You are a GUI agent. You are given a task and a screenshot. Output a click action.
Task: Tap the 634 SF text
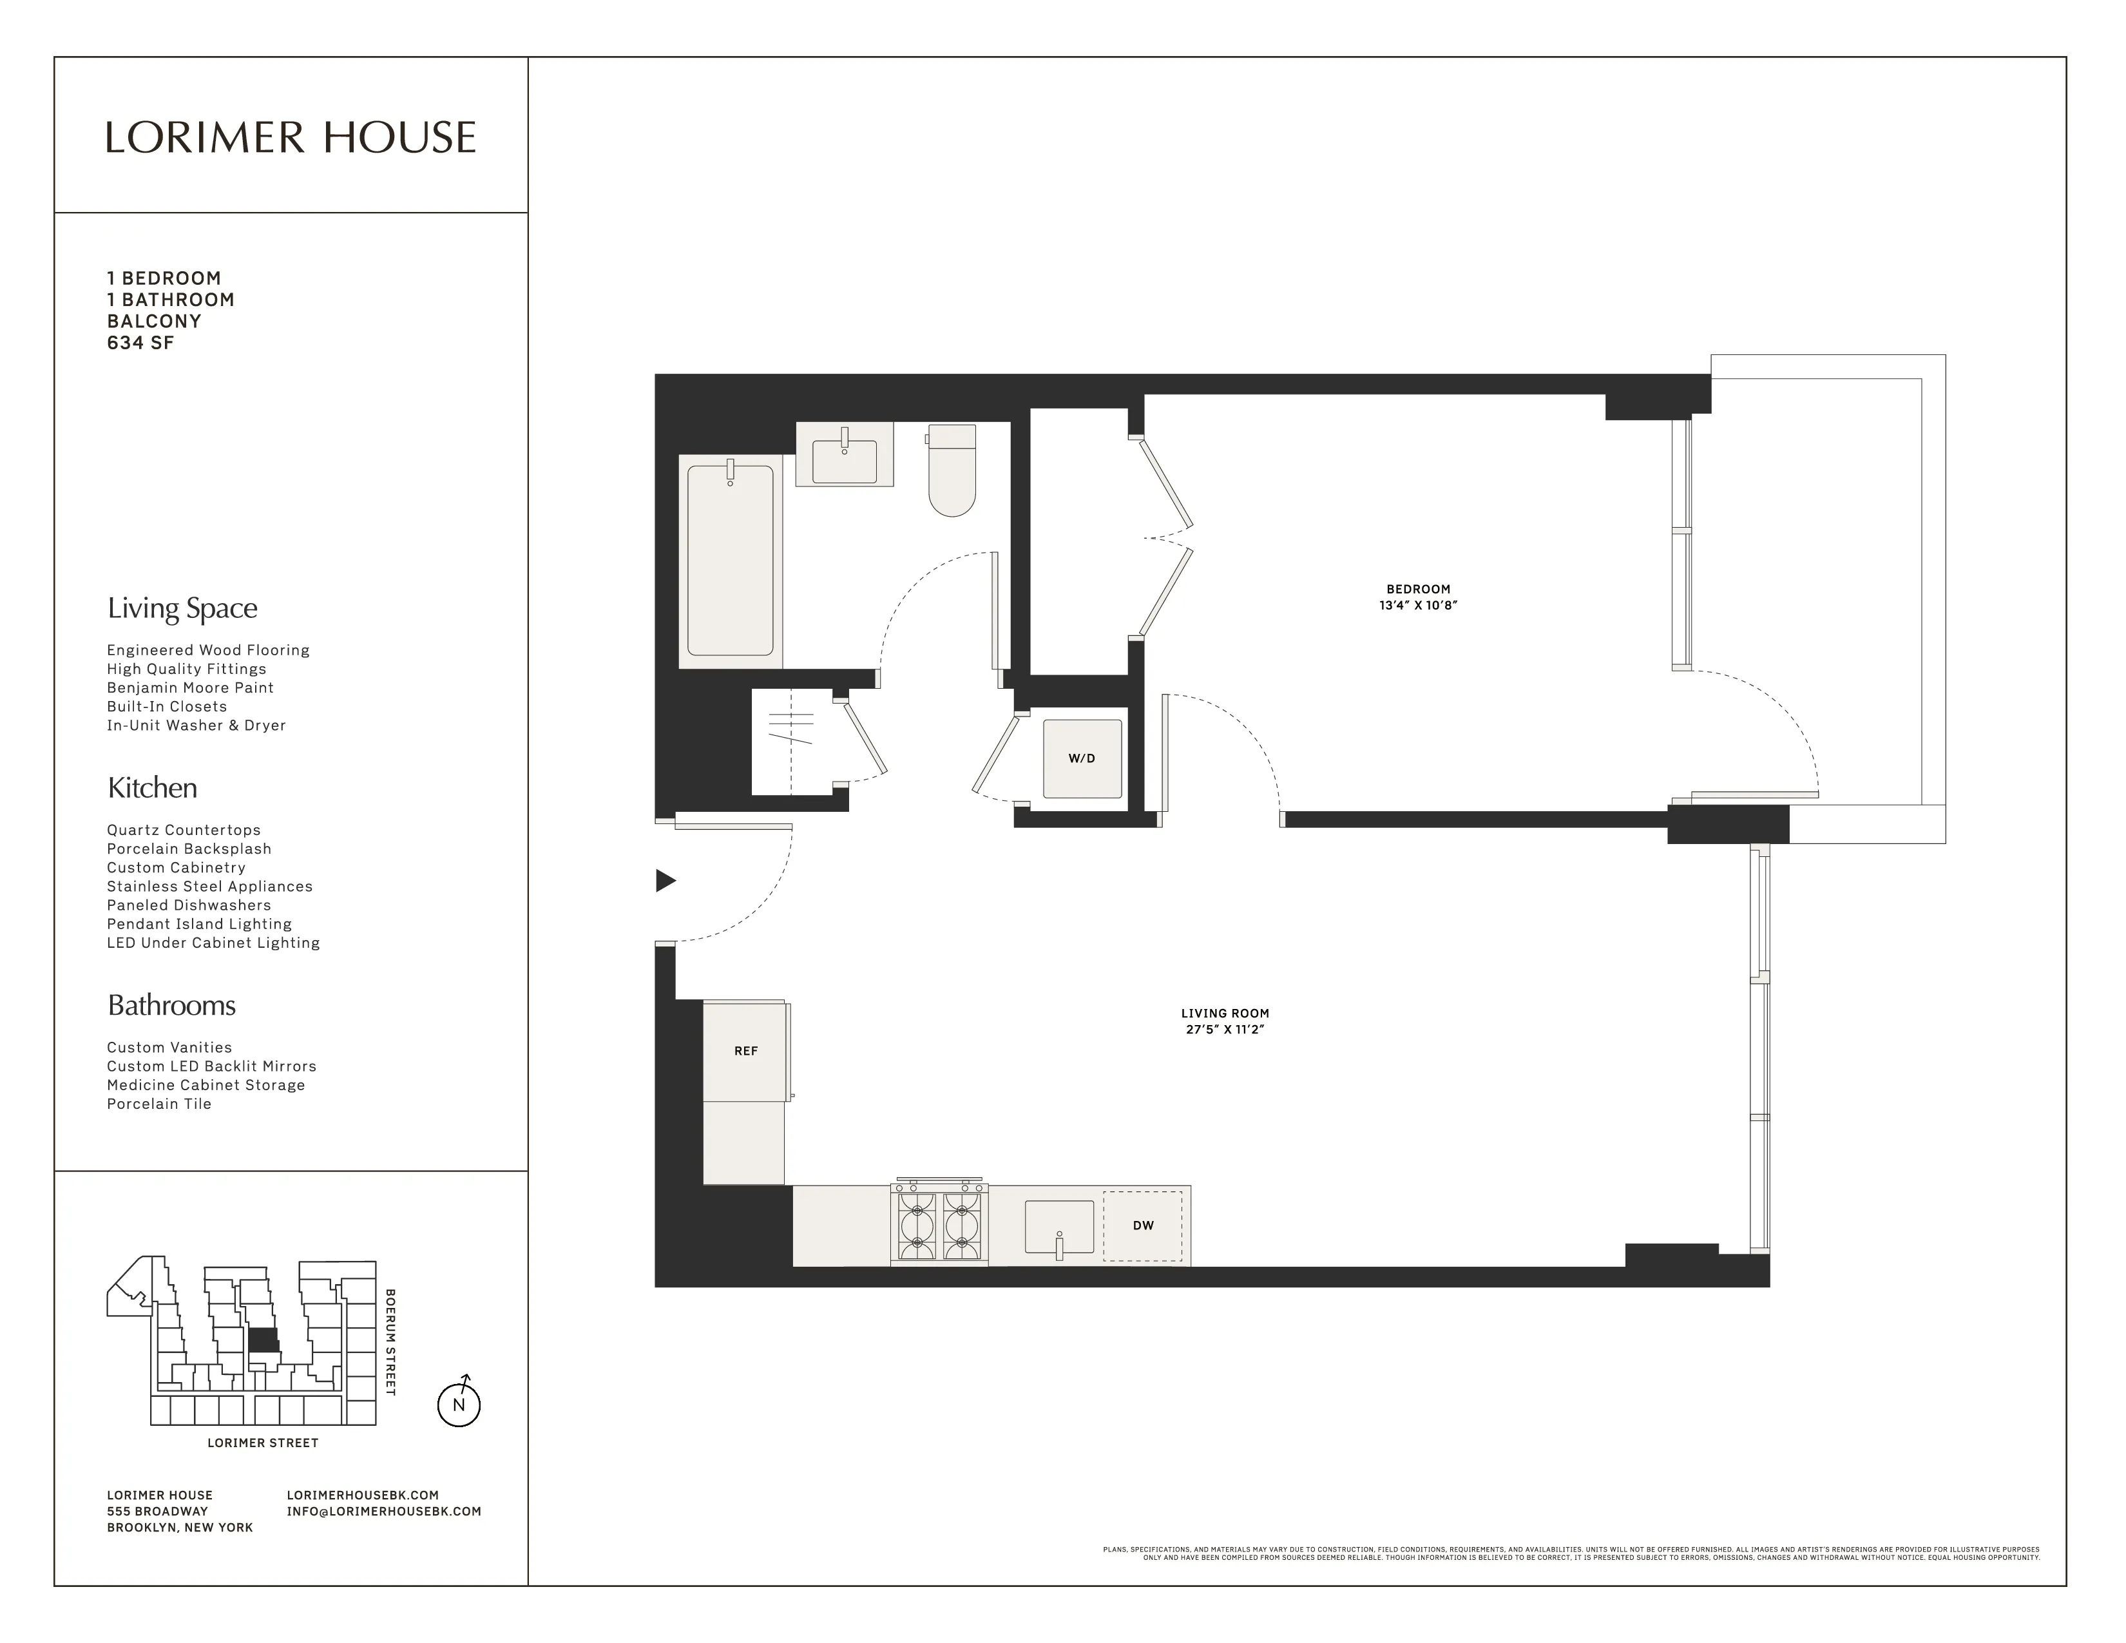140,343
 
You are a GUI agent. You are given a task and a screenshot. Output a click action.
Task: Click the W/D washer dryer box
1082,758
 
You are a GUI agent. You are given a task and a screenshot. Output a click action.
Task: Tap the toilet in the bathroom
951,470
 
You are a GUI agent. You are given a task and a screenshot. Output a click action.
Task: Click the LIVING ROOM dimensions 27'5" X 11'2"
1225,1030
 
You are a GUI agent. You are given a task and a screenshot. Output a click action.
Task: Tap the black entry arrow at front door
665,881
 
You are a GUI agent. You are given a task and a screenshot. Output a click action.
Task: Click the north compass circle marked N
459,1405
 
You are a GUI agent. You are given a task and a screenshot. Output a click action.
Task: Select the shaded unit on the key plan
263,1340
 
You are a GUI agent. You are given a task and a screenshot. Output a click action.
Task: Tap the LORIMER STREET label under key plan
263,1443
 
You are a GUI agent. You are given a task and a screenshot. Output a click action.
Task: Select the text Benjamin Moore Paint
190,687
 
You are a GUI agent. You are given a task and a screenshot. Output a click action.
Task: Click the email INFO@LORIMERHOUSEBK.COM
383,1512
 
